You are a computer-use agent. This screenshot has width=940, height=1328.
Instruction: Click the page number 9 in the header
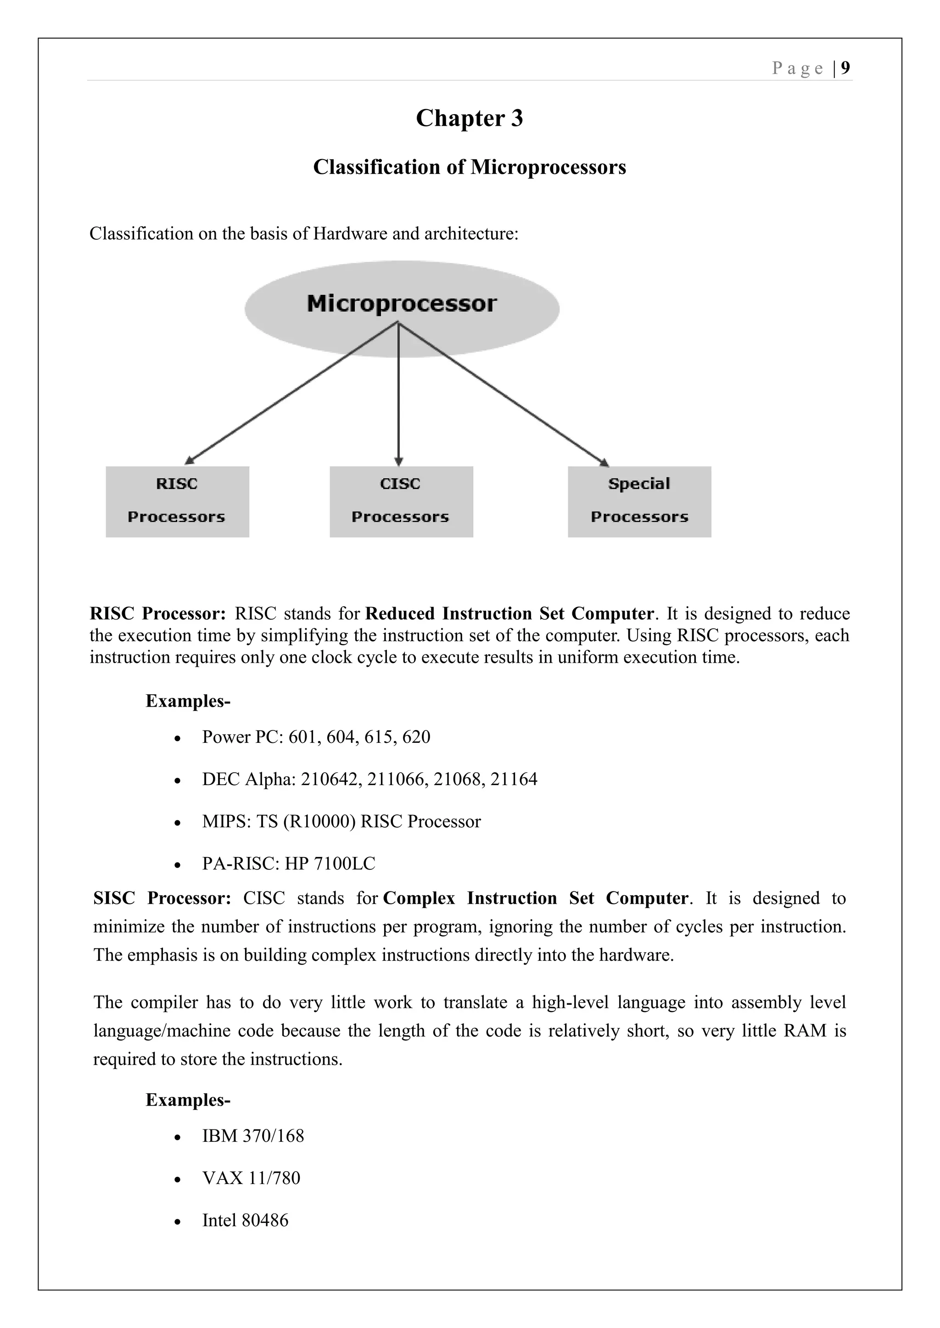tap(845, 68)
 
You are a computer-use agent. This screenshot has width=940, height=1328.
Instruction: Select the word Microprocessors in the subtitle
tap(548, 167)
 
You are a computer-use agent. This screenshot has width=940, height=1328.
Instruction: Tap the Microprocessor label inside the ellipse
tap(402, 304)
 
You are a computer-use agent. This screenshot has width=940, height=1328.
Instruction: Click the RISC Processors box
tap(177, 502)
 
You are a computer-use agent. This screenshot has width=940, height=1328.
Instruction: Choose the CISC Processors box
tap(401, 502)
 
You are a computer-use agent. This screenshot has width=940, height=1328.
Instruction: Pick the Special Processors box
tap(639, 502)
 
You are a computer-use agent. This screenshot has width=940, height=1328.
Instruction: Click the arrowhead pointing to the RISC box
tap(189, 461)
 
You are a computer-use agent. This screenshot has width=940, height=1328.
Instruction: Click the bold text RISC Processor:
tap(157, 613)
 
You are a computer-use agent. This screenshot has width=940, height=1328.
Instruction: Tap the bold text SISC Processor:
tap(162, 898)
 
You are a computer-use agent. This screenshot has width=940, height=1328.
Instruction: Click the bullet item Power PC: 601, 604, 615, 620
tap(316, 737)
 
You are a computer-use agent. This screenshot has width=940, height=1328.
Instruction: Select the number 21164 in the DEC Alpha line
tap(514, 779)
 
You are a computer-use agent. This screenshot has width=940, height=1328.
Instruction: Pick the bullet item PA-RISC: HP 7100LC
tap(288, 863)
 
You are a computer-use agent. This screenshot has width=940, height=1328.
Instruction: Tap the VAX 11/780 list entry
tap(251, 1178)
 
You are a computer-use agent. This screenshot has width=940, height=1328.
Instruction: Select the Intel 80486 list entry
tap(245, 1220)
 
